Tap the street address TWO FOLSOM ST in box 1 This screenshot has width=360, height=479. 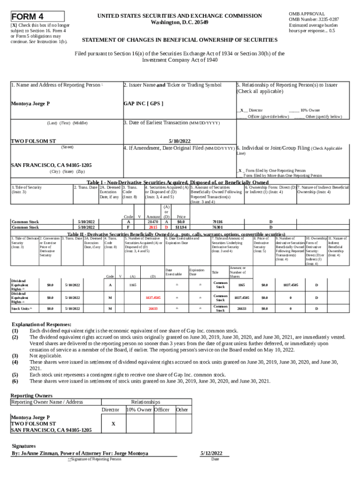pyautogui.click(x=33, y=141)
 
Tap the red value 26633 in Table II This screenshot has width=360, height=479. pyautogui.click(x=153, y=309)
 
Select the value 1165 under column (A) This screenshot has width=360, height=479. pyautogui.click(x=132, y=284)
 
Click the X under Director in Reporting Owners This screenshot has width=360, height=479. pyautogui.click(x=114, y=423)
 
